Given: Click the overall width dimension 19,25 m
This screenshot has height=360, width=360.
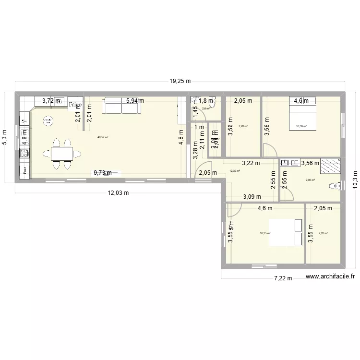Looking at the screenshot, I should tap(180, 82).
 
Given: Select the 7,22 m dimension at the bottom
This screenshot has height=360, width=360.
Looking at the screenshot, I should tap(283, 278).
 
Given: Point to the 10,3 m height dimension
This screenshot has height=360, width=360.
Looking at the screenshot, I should tap(356, 182).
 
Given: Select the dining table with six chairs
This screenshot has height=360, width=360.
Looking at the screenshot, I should tap(61, 154).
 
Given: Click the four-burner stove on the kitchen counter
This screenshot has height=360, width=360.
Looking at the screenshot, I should tap(24, 154).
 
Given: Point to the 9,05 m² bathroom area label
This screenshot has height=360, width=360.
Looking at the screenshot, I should tap(310, 180).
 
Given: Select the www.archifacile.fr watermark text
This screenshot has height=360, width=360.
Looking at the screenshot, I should tap(330, 276).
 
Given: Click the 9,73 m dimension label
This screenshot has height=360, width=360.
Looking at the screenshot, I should tap(102, 173).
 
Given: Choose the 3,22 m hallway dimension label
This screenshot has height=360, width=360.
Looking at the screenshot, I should tap(251, 163).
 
